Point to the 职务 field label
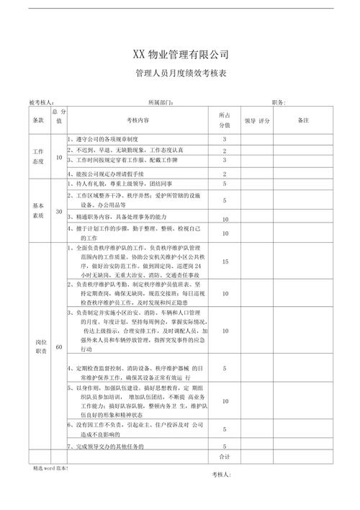(x=279, y=103)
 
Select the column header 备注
(x=302, y=120)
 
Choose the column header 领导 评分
(x=256, y=120)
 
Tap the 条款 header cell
(x=38, y=120)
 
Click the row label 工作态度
(x=38, y=156)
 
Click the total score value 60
(x=58, y=347)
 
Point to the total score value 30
(x=58, y=212)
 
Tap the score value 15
(x=225, y=262)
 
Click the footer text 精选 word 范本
(x=49, y=468)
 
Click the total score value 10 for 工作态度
(x=58, y=156)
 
